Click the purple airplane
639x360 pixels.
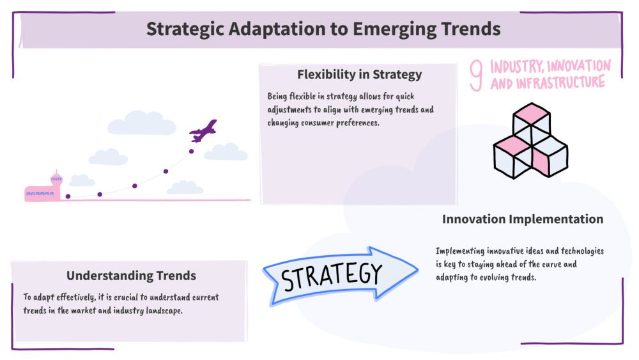tap(203, 130)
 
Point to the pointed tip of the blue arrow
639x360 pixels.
tap(418, 269)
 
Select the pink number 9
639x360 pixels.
tap(476, 75)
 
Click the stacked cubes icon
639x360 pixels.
tap(530, 141)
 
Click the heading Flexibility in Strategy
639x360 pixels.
tap(359, 74)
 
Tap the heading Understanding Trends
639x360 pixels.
tap(131, 276)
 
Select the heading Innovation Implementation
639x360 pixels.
tap(523, 219)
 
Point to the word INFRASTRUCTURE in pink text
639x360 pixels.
tap(560, 82)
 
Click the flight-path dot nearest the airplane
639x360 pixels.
tap(191, 152)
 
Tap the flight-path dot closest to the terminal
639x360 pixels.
tap(68, 196)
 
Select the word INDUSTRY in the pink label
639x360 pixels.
tap(517, 66)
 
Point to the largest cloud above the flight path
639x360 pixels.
tap(142, 123)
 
